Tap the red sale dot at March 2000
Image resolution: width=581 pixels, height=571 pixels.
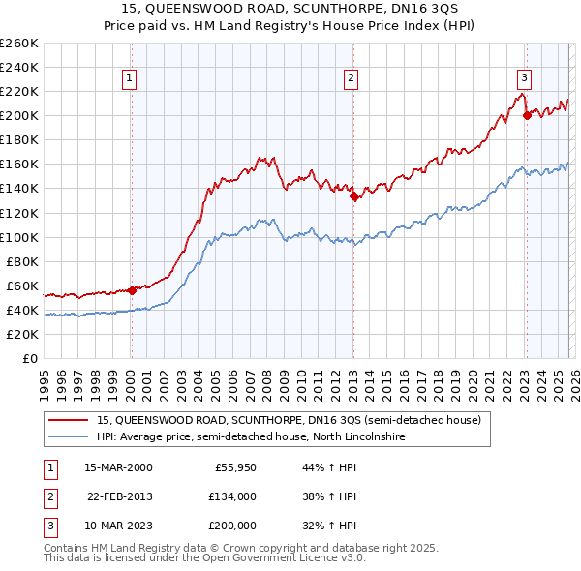(x=132, y=289)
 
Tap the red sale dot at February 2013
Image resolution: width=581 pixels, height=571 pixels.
(x=353, y=195)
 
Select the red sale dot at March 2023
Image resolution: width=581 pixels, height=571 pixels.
(x=526, y=115)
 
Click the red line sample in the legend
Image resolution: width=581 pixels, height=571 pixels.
(x=70, y=420)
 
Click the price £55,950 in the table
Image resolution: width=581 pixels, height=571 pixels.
(x=234, y=467)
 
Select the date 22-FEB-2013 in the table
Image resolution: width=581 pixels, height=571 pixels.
(x=119, y=496)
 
